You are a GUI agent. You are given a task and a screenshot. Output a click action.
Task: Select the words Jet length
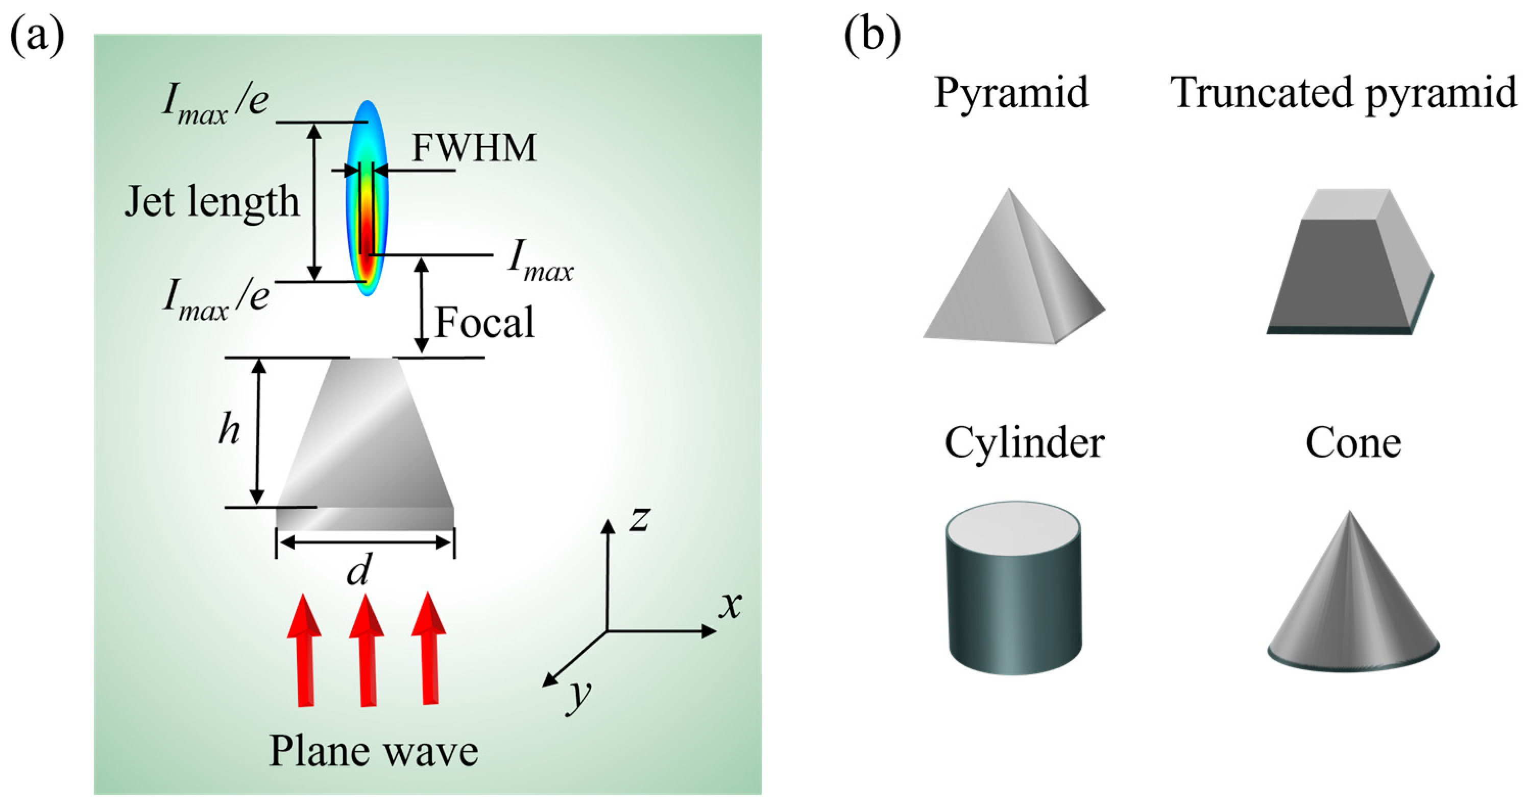(x=212, y=202)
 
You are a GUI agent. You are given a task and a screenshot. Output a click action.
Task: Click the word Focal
(x=484, y=322)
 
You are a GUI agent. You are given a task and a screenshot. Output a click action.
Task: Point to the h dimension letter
(x=229, y=429)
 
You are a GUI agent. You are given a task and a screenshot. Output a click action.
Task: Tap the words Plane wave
(x=373, y=751)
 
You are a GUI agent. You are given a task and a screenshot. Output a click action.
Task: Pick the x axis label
(x=730, y=605)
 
